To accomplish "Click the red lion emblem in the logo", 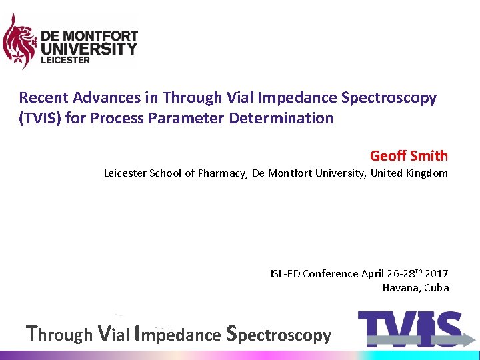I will [19, 41].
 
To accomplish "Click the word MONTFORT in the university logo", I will [101, 35].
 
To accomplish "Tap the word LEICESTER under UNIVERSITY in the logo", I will [65, 60].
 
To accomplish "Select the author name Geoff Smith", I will [409, 156].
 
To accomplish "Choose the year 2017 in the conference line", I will [436, 274].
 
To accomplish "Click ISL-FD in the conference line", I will [285, 274].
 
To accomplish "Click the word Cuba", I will [437, 288].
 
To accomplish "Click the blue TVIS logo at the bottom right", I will [409, 329].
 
